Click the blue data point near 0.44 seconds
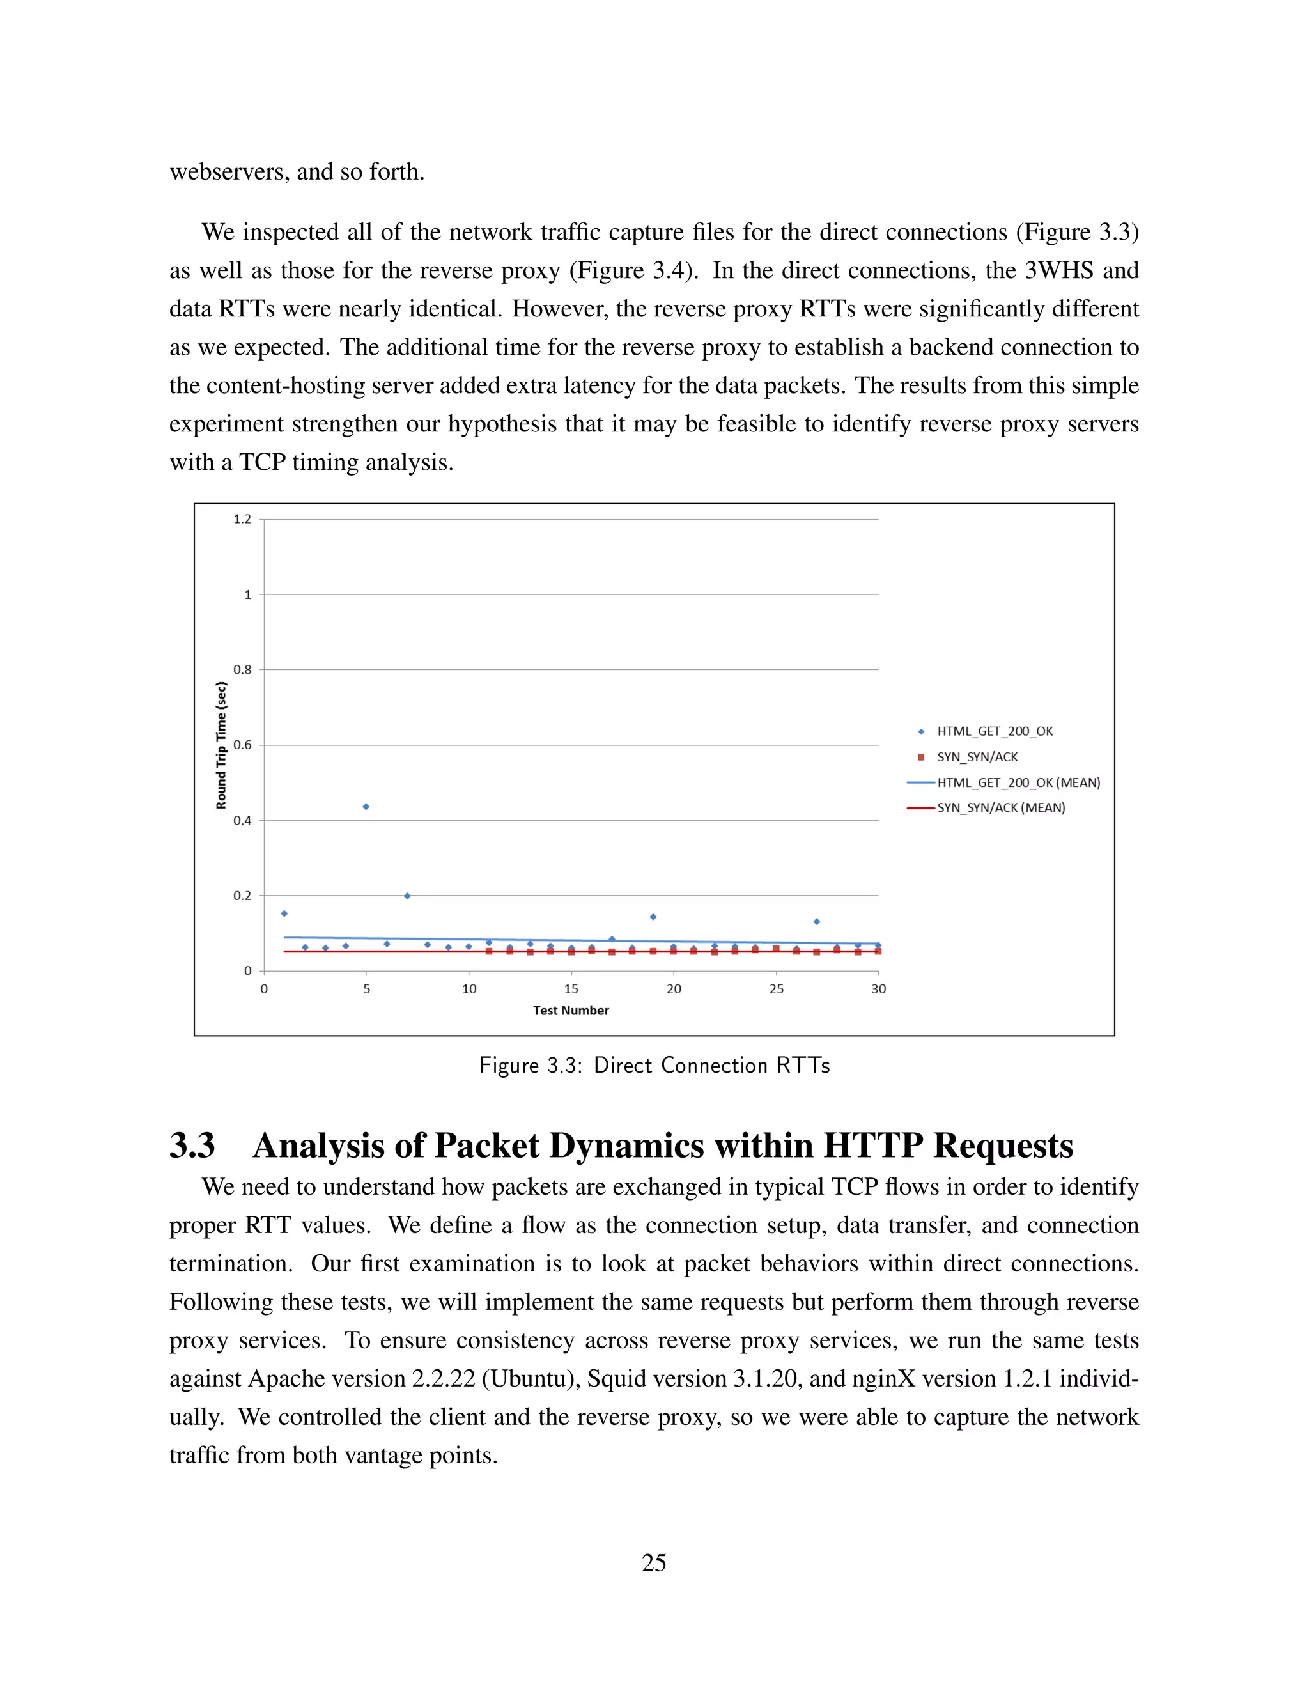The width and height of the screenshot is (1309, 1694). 366,807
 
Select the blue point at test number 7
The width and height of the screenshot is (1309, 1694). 407,896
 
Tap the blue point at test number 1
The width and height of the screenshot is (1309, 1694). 284,913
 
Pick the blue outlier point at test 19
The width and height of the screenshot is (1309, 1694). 653,917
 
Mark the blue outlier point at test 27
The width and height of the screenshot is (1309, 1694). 817,921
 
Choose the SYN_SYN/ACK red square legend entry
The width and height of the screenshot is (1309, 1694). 977,757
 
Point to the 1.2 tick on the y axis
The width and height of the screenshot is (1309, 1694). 243,519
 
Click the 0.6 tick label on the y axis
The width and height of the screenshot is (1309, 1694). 243,745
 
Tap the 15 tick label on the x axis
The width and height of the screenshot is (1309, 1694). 571,989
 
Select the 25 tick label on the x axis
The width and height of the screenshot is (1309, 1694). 776,989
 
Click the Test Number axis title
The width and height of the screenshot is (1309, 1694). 571,1011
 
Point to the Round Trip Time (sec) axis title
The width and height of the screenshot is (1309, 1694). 221,745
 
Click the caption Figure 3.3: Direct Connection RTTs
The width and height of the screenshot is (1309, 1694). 654,1066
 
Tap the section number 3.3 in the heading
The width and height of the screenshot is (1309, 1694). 192,1146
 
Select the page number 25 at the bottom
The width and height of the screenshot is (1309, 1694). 654,1563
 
